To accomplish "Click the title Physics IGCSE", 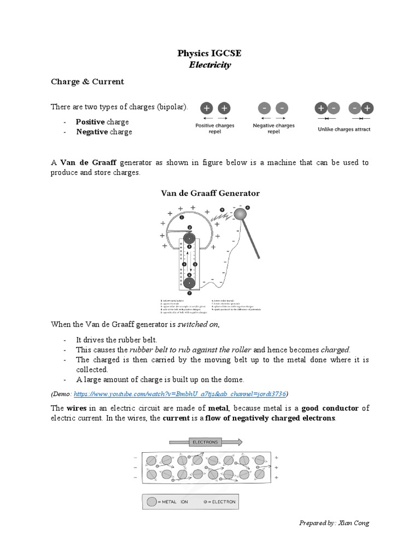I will coord(209,53).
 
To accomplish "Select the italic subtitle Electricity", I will coord(209,65).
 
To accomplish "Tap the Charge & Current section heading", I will coord(87,81).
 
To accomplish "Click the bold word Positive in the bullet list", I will coord(90,121).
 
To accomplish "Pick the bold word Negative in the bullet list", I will coord(92,132).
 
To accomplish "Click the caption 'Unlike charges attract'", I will coord(344,130).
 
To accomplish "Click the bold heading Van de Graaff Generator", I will coord(209,193).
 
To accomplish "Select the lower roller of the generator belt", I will coord(189,283).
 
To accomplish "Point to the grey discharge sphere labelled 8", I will coord(241,214).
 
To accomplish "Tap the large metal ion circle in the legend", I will coord(151,503).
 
